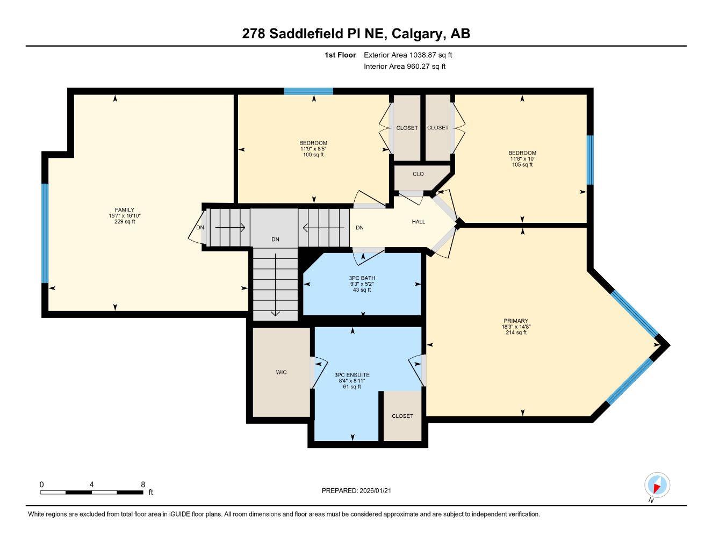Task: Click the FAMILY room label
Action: pos(124,209)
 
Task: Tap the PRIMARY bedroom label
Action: pos(515,321)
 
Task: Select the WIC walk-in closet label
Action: pos(281,372)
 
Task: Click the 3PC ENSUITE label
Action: pos(351,375)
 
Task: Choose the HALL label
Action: pos(418,221)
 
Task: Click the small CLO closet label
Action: pos(418,174)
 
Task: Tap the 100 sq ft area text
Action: pos(313,155)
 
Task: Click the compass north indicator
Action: pos(656,486)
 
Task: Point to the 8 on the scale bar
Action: pos(143,484)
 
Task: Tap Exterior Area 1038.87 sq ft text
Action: pos(408,55)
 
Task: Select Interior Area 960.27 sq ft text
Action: pos(405,67)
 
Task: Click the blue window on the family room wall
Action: pos(45,233)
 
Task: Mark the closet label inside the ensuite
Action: pos(402,416)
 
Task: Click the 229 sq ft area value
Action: pos(124,221)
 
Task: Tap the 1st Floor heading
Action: pos(340,55)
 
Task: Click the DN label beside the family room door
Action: pos(200,227)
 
